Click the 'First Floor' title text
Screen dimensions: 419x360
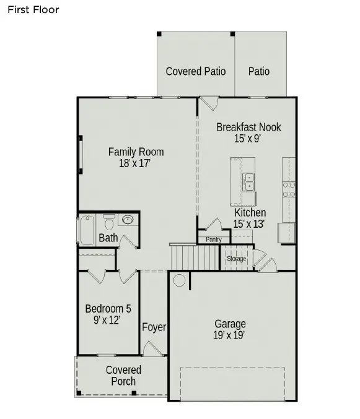click(x=33, y=9)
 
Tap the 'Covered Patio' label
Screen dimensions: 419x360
click(x=195, y=71)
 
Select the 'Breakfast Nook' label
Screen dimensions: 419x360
click(x=248, y=127)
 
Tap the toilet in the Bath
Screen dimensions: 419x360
click(x=109, y=221)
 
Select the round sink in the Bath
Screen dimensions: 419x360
click(x=129, y=220)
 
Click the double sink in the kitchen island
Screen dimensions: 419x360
click(x=248, y=181)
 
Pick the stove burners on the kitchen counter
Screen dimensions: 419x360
click(x=289, y=189)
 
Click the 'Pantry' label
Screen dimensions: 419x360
click(x=213, y=240)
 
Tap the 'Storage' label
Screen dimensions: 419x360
click(x=236, y=258)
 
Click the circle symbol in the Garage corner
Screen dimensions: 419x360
click(x=178, y=280)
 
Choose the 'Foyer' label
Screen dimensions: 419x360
click(x=154, y=327)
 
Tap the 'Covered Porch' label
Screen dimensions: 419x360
click(x=123, y=376)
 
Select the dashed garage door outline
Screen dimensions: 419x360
click(x=232, y=384)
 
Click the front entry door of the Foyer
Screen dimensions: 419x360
click(x=151, y=349)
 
